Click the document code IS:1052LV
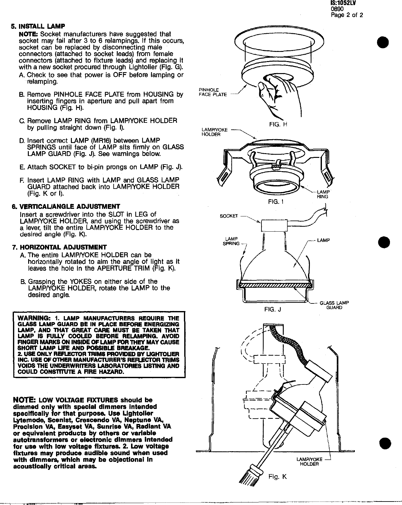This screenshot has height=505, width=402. tap(343, 3)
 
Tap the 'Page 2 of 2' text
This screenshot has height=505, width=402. tap(347, 15)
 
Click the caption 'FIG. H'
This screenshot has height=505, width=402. tap(278, 124)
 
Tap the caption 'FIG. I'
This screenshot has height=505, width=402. tap(275, 201)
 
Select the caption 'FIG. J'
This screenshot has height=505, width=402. tap(273, 310)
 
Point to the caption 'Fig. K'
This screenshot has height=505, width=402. tap(277, 476)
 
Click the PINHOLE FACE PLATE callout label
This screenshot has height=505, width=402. tap(212, 92)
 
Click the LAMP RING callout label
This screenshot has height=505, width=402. tap(323, 194)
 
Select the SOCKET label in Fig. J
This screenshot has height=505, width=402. tap(229, 216)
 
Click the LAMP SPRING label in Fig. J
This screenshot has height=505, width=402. tap(231, 241)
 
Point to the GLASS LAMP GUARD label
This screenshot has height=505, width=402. tap(334, 305)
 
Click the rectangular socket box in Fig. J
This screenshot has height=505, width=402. tap(274, 226)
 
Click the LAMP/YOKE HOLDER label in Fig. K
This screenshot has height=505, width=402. tap(309, 462)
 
